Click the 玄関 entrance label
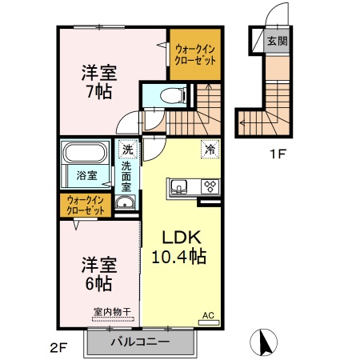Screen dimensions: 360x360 276,41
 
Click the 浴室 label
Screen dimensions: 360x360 86,175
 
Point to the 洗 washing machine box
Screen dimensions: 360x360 127,150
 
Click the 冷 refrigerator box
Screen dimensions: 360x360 210,149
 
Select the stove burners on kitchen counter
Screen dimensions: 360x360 210,187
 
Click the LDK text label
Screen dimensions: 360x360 180,238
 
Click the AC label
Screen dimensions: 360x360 208,315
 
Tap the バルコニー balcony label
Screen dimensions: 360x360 140,342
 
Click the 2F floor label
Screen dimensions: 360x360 58,346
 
